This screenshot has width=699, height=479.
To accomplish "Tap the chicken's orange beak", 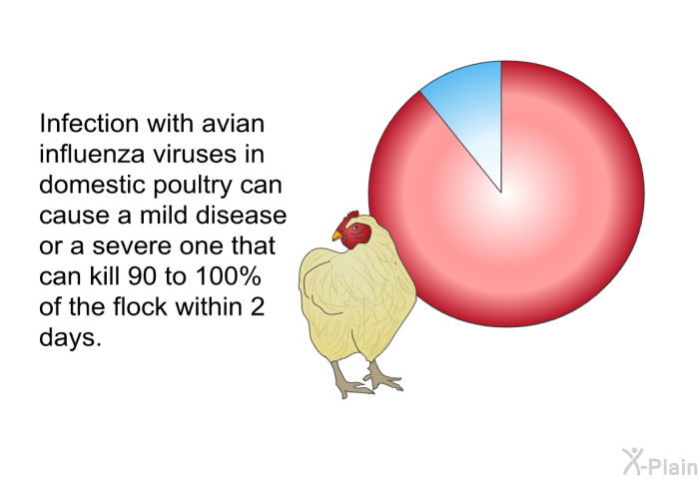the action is (338, 236).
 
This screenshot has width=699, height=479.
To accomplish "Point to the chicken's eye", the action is (355, 229).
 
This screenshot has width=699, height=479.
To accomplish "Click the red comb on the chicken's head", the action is (352, 216).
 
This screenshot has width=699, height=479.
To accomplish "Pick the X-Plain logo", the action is (660, 462).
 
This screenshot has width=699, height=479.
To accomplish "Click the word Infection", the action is (89, 123).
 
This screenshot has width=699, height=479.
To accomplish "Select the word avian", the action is (233, 123).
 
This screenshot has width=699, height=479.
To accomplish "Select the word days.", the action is (71, 338).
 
